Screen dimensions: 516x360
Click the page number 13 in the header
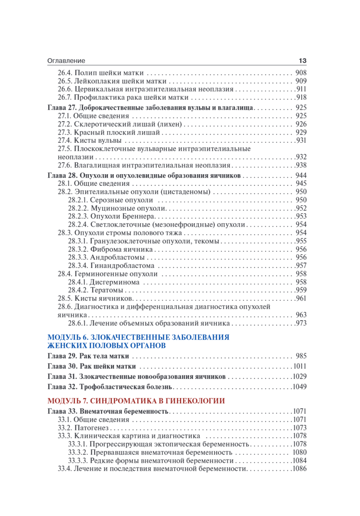coord(302,61)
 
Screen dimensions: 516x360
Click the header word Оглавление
coord(66,61)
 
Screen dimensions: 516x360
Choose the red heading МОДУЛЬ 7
coord(136,401)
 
